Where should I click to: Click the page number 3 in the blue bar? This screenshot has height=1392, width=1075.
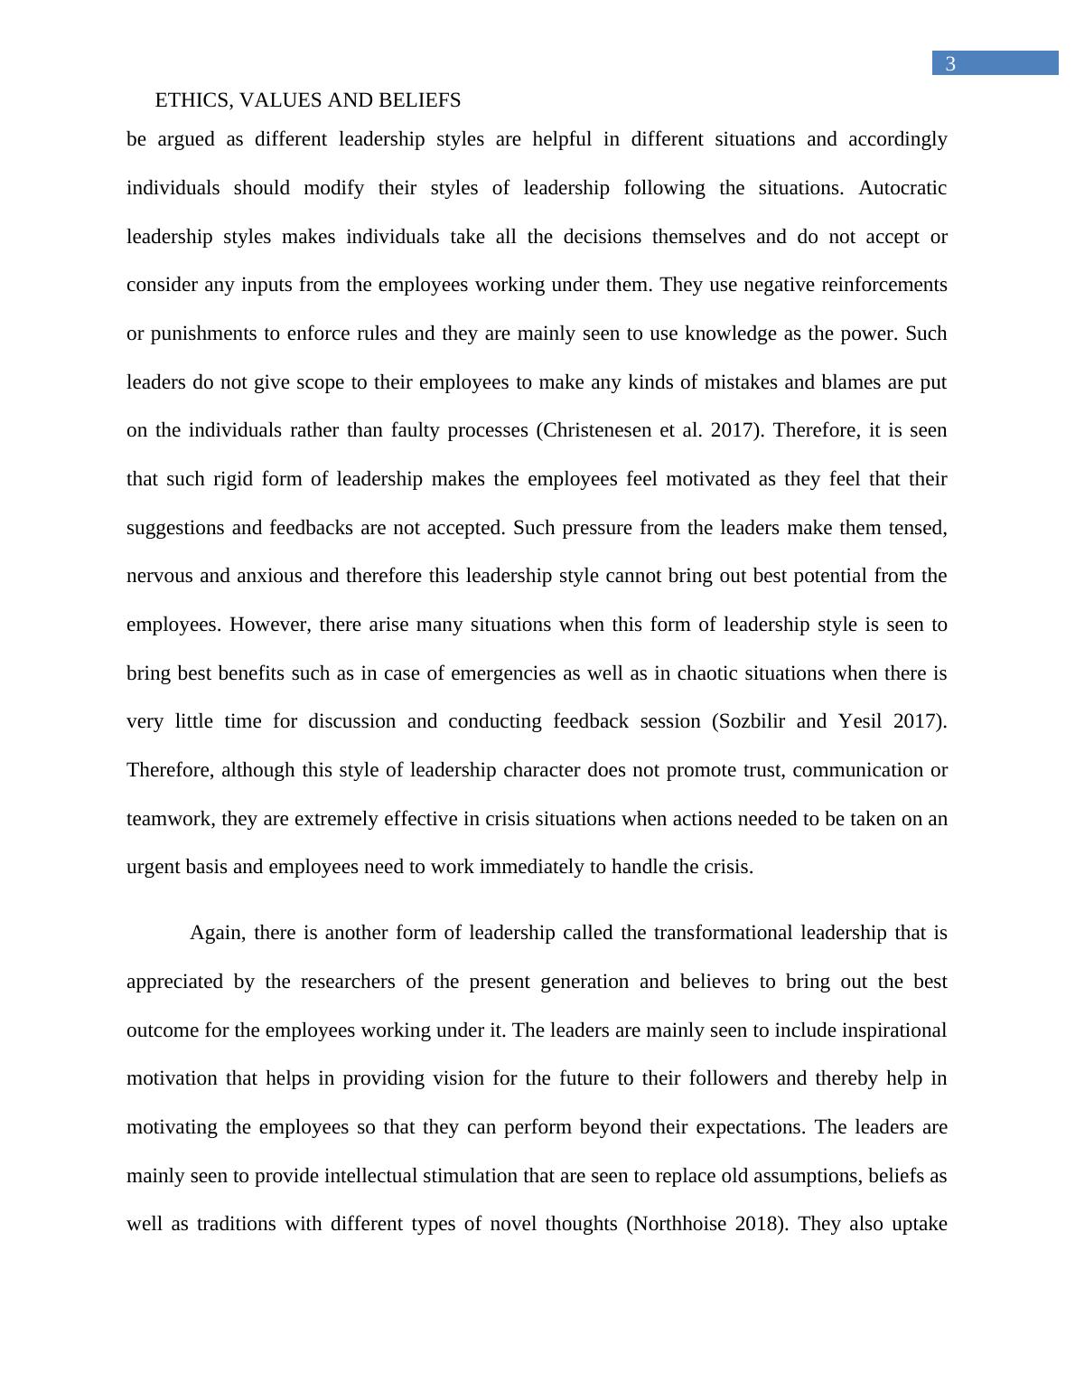point(950,64)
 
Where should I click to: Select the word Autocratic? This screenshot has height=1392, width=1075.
point(902,188)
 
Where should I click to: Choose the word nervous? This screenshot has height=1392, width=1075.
point(160,576)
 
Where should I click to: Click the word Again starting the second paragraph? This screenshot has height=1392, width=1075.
point(217,933)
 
